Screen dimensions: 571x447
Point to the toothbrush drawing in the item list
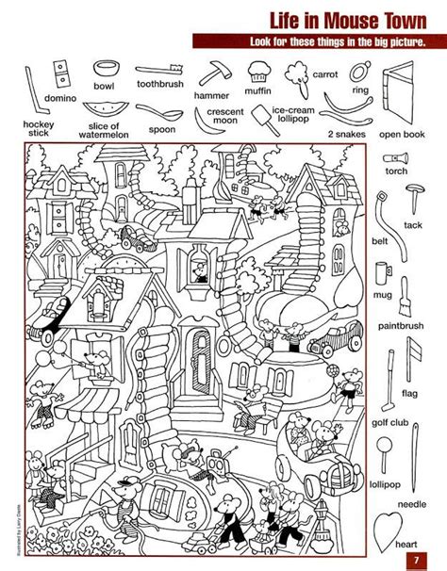157,70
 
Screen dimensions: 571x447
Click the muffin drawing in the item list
258,69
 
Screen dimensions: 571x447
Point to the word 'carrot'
324,73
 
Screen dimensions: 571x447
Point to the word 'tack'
413,225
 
